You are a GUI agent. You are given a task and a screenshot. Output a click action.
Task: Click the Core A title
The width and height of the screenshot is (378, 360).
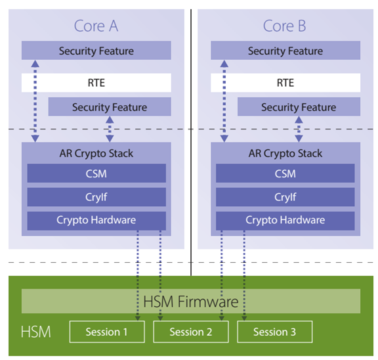(96, 26)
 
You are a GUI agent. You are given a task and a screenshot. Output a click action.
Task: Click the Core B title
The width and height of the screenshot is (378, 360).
(285, 26)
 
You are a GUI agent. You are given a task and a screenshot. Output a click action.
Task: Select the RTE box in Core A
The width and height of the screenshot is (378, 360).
(96, 83)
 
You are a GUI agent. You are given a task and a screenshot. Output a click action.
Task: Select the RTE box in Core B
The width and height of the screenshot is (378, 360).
(285, 83)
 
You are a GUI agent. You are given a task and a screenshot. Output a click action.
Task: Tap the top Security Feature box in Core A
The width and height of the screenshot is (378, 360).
(96, 51)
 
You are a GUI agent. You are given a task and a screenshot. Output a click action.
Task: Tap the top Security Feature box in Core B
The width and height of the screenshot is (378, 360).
(285, 51)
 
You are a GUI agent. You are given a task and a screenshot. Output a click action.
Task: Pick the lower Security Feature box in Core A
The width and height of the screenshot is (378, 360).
(110, 107)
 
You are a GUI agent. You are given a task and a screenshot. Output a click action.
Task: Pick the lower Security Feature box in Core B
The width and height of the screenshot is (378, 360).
(299, 107)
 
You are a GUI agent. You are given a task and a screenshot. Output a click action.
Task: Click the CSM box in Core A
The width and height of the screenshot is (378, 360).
(96, 173)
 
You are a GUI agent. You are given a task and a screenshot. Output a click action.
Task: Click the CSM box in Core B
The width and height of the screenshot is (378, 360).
(285, 173)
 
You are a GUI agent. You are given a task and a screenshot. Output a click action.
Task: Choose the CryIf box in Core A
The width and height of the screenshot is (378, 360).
(96, 197)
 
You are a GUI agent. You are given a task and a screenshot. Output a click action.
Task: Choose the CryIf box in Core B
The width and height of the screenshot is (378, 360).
(285, 197)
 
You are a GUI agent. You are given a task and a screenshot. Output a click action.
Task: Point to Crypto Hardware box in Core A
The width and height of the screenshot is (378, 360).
(96, 220)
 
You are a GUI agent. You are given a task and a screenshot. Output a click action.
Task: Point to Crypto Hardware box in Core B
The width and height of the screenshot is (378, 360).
(285, 220)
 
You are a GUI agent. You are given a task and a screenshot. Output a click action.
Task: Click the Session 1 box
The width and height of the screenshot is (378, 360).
(107, 332)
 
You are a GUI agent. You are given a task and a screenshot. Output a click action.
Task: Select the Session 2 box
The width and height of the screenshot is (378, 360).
(191, 332)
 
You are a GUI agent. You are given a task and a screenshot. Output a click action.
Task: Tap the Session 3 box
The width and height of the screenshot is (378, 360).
(274, 332)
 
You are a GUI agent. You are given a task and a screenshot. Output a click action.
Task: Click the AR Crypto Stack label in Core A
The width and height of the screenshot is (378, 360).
(96, 153)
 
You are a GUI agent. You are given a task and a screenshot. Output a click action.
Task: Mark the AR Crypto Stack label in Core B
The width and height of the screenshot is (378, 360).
(285, 153)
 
